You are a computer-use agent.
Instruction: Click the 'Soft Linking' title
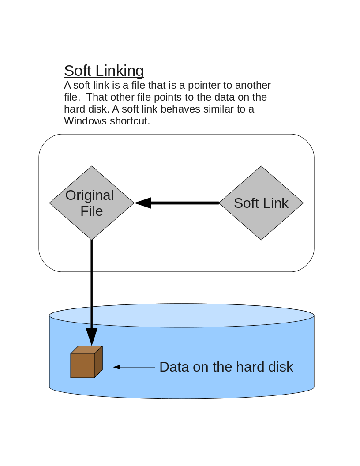pyautogui.click(x=104, y=71)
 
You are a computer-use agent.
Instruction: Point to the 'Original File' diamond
pyautogui.click(x=91, y=203)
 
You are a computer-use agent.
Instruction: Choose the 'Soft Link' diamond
pyautogui.click(x=261, y=203)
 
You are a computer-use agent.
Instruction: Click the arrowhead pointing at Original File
pyautogui.click(x=143, y=203)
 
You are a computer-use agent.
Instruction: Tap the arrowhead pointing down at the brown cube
pyautogui.click(x=91, y=337)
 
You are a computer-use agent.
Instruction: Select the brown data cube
pyautogui.click(x=86, y=362)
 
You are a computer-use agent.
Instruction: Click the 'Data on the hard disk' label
pyautogui.click(x=226, y=367)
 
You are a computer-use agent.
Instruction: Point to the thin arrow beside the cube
pyautogui.click(x=134, y=367)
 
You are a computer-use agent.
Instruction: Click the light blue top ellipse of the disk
pyautogui.click(x=181, y=316)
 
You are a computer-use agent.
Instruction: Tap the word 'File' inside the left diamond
pyautogui.click(x=91, y=211)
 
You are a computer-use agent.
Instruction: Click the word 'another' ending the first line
pyautogui.click(x=253, y=85)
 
